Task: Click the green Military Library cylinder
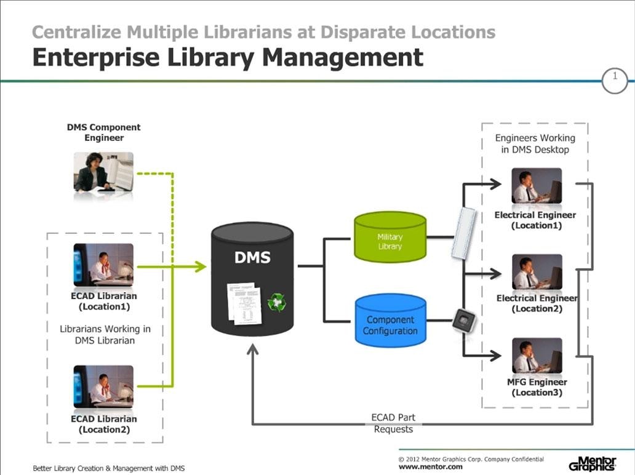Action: pos(390,237)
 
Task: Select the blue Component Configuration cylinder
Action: pos(390,321)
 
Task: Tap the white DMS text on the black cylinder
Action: pos(252,258)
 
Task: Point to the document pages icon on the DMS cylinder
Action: pos(244,303)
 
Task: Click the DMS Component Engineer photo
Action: pos(103,172)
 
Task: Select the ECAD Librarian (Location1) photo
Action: pos(103,265)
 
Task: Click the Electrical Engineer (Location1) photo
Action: pos(537,185)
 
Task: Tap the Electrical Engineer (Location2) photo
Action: pos(537,272)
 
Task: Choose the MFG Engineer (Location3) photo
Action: pos(537,356)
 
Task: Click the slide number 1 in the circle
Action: pos(615,76)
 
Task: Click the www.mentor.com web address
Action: pos(431,467)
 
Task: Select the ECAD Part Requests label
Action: pos(393,423)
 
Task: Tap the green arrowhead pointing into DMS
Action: pos(200,266)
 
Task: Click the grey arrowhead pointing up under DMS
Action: pos(253,350)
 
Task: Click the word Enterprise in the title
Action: pos(96,57)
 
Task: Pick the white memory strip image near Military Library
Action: pos(464,233)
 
